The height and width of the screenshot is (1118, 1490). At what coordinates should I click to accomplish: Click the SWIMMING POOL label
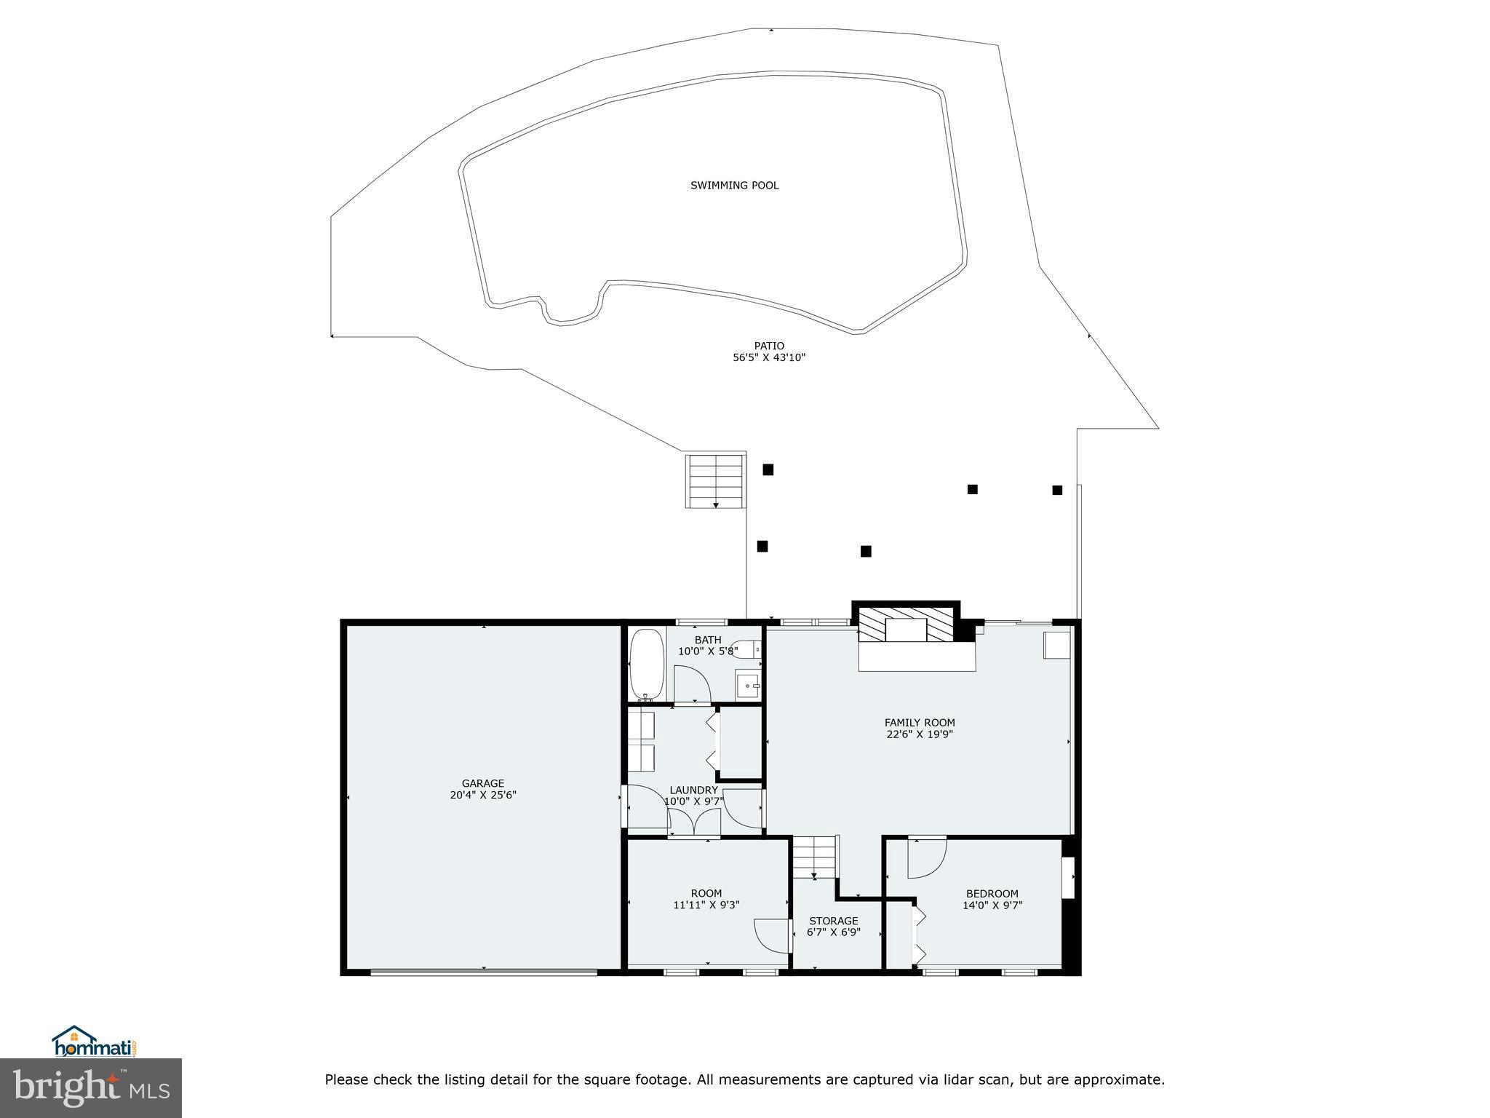click(734, 186)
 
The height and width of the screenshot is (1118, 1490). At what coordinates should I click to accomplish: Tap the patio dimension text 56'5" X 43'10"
click(769, 358)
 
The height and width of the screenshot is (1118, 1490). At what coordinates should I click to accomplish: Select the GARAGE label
click(482, 784)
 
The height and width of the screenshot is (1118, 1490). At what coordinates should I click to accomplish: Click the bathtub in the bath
click(646, 665)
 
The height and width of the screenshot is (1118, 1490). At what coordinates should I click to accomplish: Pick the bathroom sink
click(748, 686)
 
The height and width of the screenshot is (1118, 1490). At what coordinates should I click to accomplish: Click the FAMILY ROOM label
click(920, 723)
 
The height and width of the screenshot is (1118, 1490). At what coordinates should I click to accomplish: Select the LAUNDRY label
click(693, 790)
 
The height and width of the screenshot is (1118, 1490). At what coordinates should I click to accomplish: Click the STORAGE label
click(834, 921)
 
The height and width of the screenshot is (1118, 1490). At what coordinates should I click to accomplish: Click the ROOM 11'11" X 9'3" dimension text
click(706, 905)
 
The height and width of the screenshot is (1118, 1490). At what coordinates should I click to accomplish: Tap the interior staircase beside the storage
click(815, 857)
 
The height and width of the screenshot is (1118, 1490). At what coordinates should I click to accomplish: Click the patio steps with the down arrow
click(716, 480)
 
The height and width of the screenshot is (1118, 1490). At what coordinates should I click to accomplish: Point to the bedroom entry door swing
click(925, 857)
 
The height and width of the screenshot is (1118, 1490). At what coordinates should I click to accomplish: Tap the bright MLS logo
click(90, 1088)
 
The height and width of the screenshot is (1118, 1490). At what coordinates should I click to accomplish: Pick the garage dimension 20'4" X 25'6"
click(482, 796)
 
